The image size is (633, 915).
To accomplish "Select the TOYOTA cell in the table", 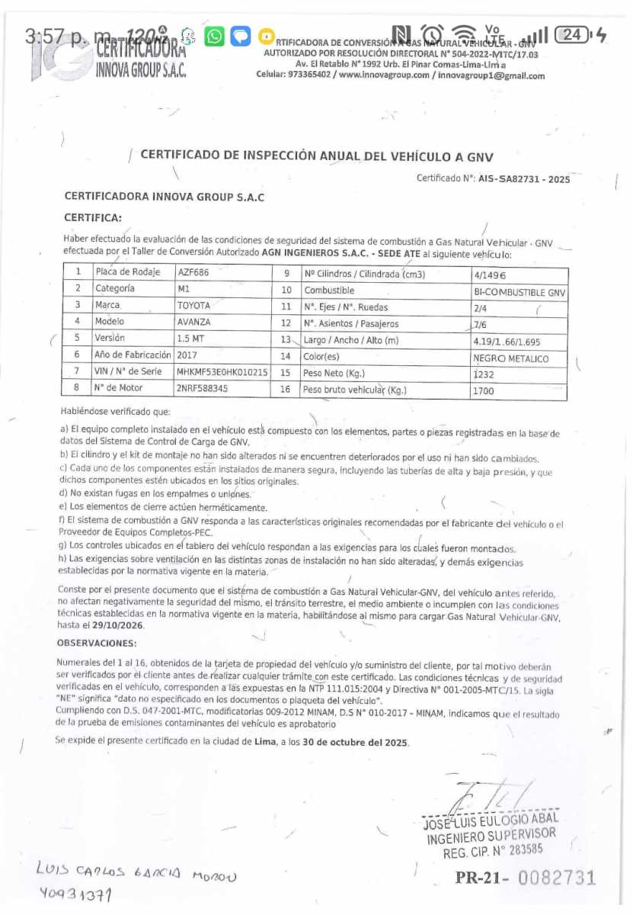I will click(193, 306).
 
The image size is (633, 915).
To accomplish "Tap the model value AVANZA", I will click(193, 322).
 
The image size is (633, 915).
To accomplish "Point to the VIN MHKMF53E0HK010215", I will click(222, 371).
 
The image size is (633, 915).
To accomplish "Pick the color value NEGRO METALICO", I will click(510, 358).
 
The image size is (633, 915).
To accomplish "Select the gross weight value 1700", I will click(484, 391).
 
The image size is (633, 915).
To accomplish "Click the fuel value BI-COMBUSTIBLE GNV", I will click(520, 292).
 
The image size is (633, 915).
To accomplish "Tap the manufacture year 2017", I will click(187, 355).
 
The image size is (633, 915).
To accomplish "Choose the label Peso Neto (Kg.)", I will click(334, 373).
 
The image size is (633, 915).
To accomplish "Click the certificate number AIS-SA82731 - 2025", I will click(524, 178).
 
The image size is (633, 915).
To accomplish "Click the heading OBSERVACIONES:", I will click(97, 644).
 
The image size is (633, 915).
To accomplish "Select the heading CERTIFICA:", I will click(93, 217).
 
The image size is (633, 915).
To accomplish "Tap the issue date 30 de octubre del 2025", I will click(356, 741).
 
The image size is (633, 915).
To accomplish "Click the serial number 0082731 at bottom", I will click(557, 878).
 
